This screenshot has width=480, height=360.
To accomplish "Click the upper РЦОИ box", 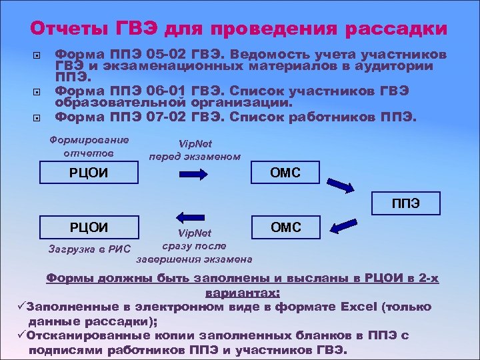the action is tap(89, 173).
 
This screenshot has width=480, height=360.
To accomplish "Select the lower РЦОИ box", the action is tap(89, 226).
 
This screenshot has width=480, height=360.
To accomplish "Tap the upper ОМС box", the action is tap(285, 173).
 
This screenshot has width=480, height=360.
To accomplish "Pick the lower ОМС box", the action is tap(285, 227).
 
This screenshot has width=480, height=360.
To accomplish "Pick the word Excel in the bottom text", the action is tap(359, 307).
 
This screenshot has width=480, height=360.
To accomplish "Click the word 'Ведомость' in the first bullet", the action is tap(244, 55).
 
